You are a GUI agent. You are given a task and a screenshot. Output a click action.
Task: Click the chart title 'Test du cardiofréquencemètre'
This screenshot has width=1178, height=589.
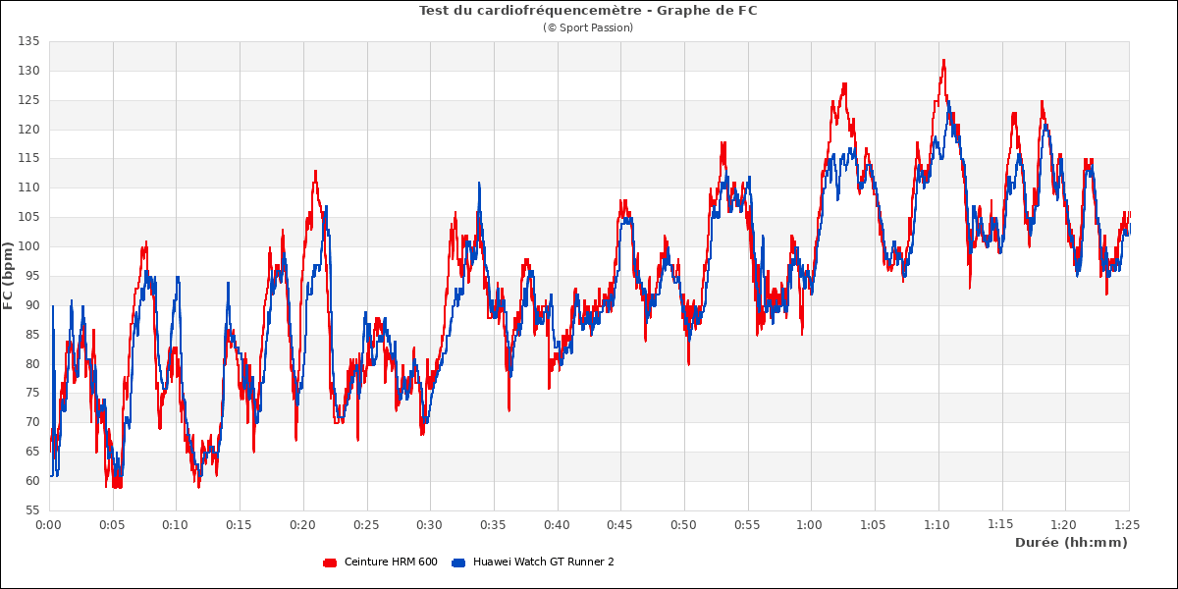point(588,11)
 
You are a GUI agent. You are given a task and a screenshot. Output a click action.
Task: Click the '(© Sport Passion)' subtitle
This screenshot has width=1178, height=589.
point(588,27)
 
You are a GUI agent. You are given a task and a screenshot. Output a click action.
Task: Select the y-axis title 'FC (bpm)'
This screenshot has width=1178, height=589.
point(9,276)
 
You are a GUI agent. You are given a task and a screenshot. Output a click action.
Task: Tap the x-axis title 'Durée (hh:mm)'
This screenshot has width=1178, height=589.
point(1071,542)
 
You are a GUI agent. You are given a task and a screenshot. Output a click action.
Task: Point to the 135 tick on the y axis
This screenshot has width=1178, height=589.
point(27,41)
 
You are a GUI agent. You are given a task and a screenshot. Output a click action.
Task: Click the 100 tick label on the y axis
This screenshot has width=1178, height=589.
point(27,246)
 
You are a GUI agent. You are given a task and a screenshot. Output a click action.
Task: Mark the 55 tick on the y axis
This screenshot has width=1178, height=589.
point(30,510)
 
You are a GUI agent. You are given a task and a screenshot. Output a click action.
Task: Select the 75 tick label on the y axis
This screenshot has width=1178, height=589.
point(30,393)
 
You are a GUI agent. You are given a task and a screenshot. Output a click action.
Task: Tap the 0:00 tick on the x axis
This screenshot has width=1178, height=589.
point(49,525)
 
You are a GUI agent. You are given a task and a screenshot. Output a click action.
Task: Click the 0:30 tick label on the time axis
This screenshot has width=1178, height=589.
point(430,525)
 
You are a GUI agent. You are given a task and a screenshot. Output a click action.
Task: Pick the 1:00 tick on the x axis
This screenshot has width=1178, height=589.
point(811,525)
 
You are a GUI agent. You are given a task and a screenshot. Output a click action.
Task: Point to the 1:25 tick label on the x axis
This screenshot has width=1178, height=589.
point(1128,525)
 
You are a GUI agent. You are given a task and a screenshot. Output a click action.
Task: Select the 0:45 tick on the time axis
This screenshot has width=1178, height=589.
point(620,525)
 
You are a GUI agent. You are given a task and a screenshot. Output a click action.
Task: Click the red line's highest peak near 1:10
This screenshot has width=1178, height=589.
point(943,60)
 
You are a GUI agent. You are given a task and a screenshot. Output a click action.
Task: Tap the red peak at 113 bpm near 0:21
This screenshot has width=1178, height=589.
point(315,171)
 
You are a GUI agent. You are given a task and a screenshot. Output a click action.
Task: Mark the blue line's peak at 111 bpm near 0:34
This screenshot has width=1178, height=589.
point(479,183)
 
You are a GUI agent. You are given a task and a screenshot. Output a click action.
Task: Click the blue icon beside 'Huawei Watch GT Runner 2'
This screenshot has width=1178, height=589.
point(457,562)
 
